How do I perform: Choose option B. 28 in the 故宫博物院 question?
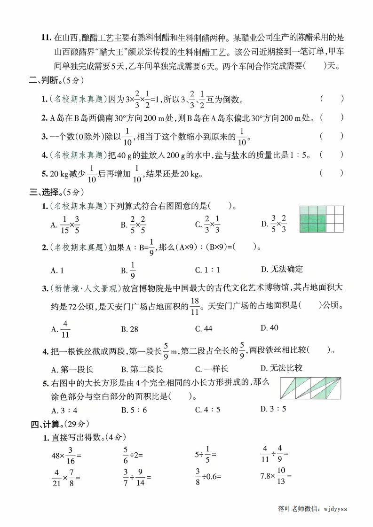pos(129,329)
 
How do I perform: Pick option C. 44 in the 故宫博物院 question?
pos(203,329)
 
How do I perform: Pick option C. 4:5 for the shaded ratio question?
pos(207,409)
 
